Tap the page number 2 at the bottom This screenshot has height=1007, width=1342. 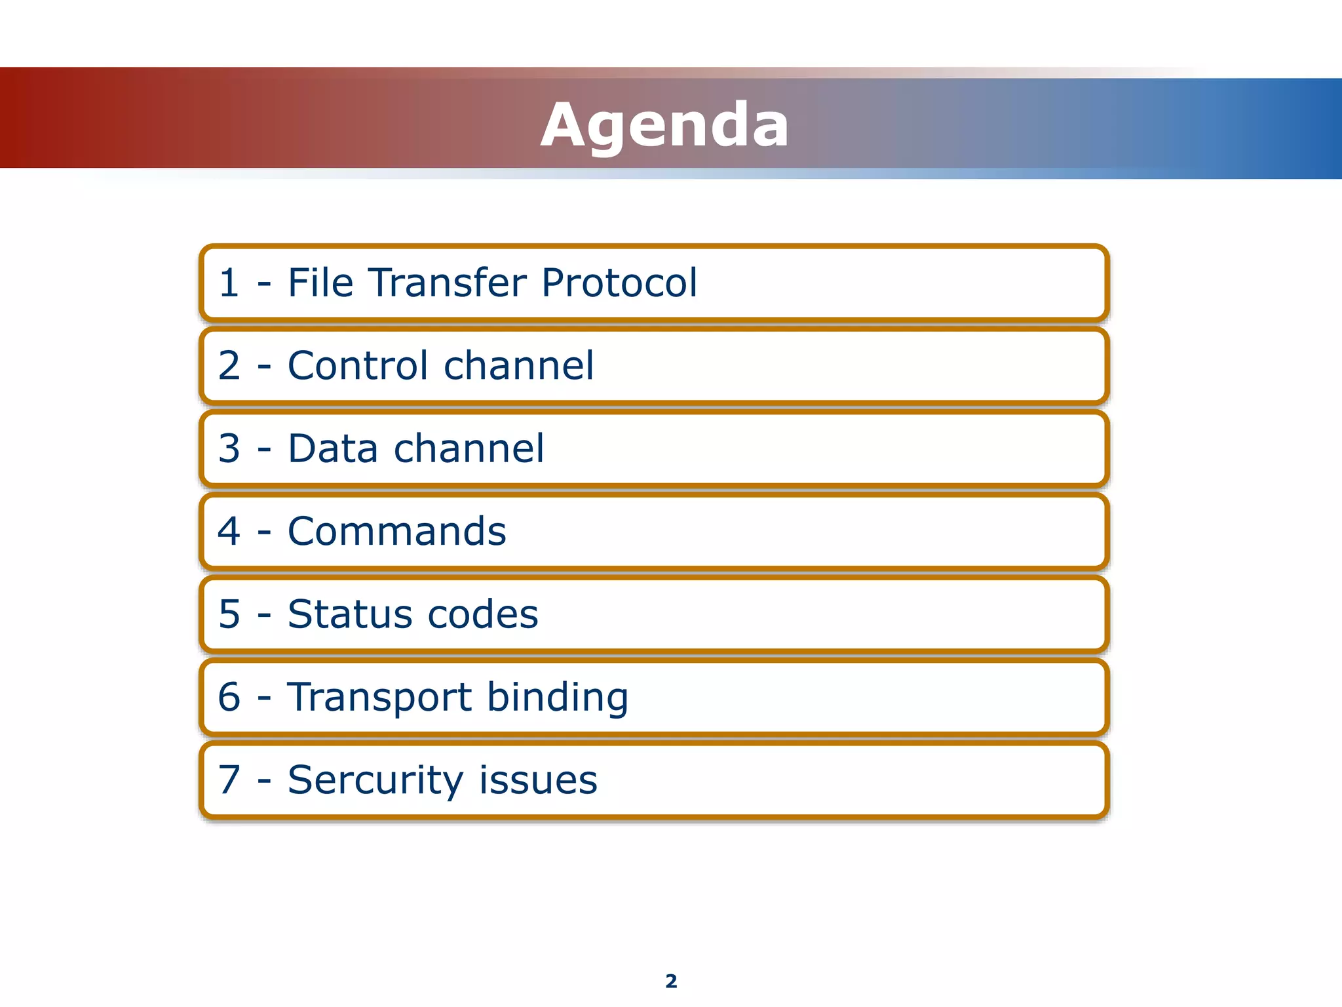(x=671, y=981)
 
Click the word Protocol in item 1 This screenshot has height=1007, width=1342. (x=619, y=283)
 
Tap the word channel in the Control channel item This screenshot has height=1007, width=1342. (x=519, y=366)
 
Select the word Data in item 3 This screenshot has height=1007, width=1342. (x=332, y=449)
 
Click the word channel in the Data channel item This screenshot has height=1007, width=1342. (x=469, y=449)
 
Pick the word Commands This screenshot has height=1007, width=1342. (x=396, y=532)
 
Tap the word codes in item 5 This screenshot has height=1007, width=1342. (x=483, y=615)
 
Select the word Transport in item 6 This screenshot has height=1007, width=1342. (x=378, y=698)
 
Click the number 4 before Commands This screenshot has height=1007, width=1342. (x=229, y=532)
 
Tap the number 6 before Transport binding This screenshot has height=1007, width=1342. (x=229, y=698)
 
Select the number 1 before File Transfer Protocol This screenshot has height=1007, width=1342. (x=229, y=283)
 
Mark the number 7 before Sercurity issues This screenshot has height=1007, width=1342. (x=229, y=780)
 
